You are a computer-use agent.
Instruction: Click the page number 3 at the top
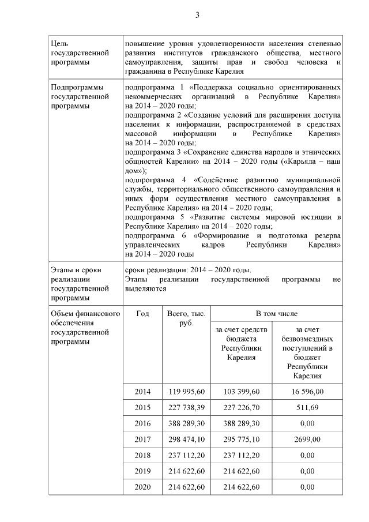pos(197,15)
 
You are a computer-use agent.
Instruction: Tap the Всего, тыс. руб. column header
pos(186,318)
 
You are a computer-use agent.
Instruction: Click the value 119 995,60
pos(186,392)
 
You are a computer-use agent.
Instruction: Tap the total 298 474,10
pos(186,439)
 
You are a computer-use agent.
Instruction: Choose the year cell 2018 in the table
pos(142,455)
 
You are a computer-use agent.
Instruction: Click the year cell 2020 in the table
pos(142,487)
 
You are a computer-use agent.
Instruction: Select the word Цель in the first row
pos(59,44)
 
